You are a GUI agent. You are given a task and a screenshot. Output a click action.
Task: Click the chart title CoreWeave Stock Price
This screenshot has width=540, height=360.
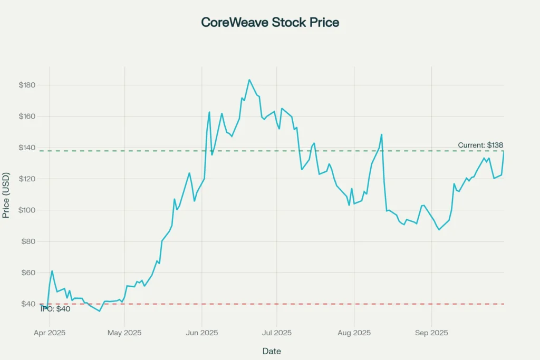[x=270, y=23]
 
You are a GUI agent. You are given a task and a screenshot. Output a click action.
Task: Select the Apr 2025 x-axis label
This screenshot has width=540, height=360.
[x=50, y=333]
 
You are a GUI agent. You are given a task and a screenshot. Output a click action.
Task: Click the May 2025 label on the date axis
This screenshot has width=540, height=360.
[x=124, y=333]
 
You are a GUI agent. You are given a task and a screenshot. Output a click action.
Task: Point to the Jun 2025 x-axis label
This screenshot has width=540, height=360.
[x=202, y=333]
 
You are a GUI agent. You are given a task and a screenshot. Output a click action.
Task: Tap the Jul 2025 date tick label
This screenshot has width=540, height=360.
[x=277, y=333]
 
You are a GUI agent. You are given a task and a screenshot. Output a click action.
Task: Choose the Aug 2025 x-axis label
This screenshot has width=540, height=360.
[x=354, y=333]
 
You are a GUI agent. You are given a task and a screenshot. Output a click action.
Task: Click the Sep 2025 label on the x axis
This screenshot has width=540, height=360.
[x=431, y=333]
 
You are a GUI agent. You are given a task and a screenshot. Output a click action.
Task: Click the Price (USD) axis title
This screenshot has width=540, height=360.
[x=6, y=194]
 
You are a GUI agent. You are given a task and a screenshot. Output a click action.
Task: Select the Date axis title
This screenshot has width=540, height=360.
[x=272, y=351]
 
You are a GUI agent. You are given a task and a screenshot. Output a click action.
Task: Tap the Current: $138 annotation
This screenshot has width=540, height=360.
[x=480, y=145]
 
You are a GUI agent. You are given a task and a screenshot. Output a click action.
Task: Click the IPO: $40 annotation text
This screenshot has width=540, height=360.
[x=55, y=309]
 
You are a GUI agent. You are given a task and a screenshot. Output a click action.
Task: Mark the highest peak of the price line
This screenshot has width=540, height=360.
[x=249, y=80]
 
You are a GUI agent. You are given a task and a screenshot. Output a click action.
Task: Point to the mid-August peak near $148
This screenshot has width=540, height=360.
[x=381, y=134]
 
